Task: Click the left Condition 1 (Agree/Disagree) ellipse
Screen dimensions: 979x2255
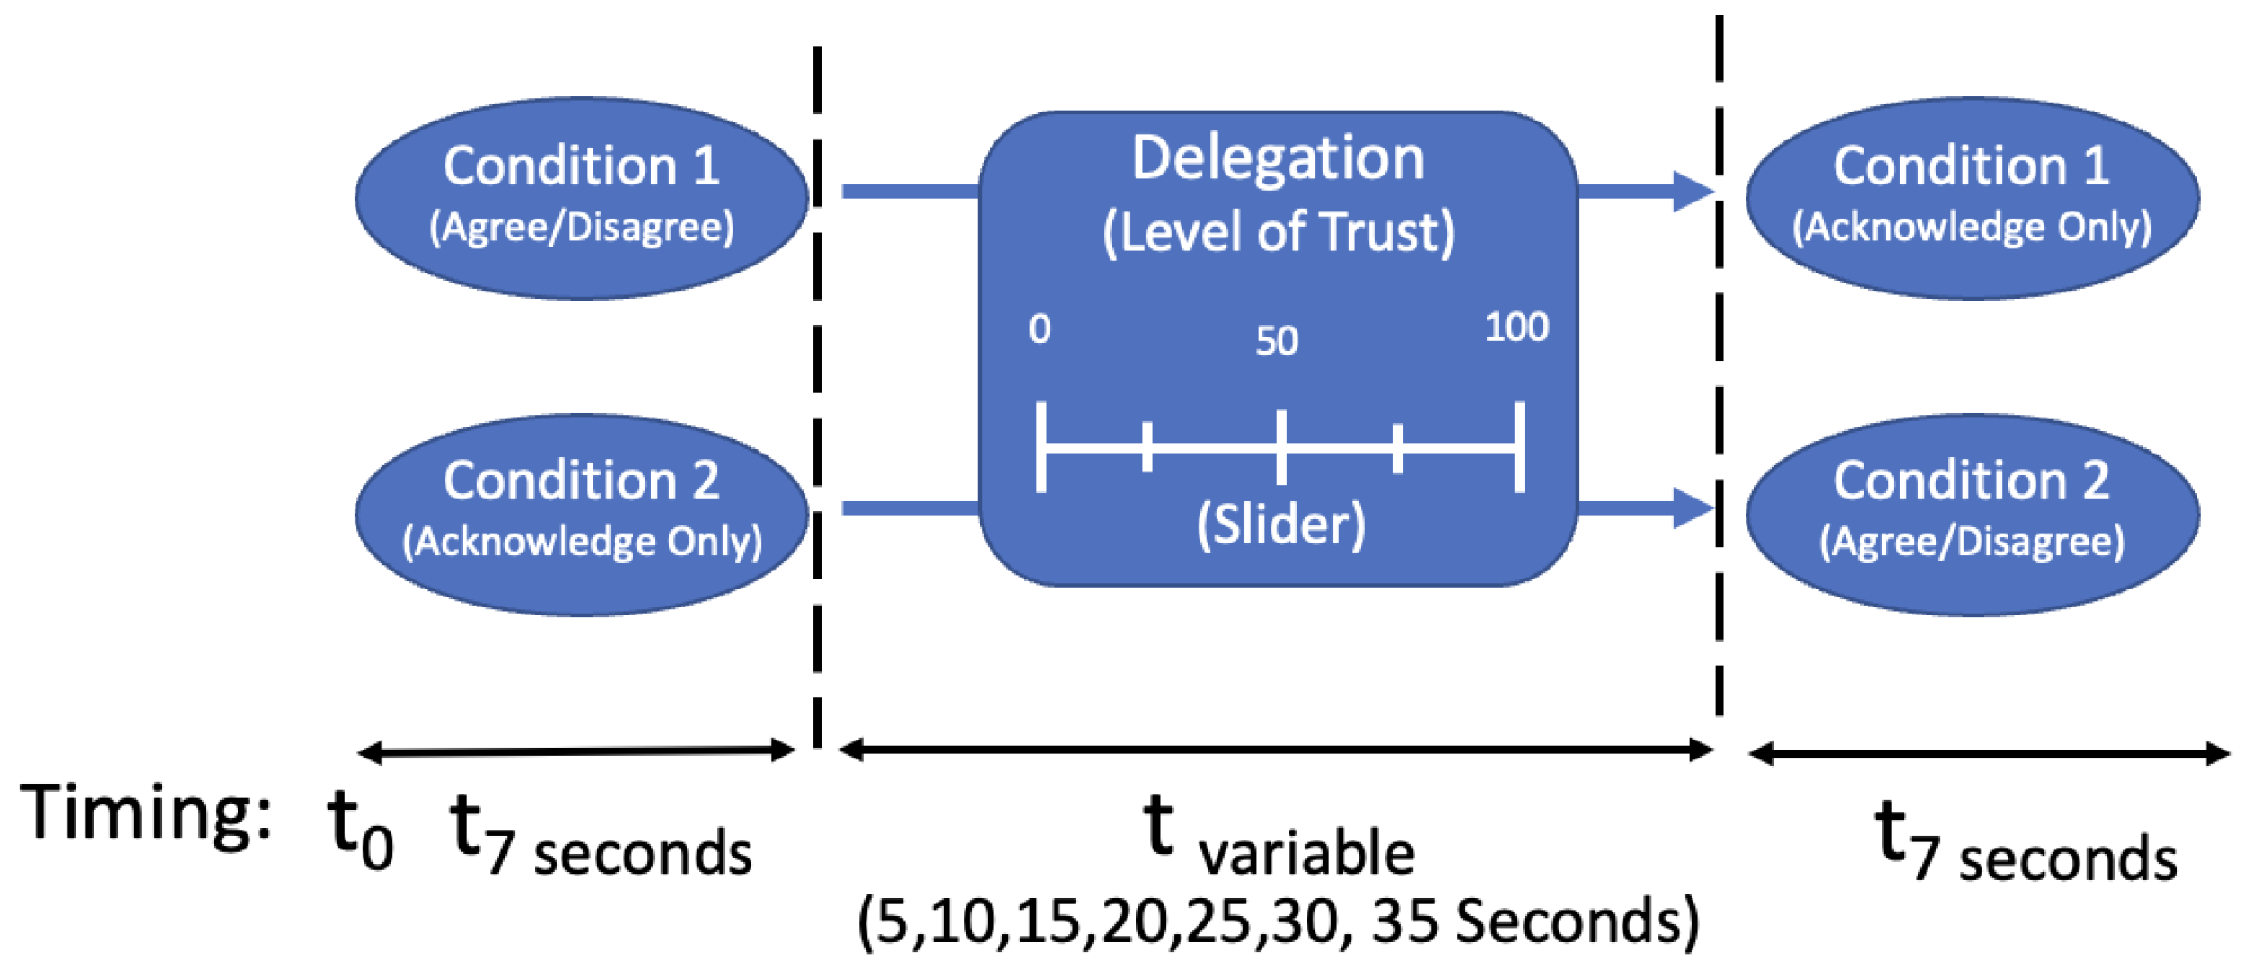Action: pos(581,198)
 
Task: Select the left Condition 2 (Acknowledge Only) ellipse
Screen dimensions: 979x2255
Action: pos(581,516)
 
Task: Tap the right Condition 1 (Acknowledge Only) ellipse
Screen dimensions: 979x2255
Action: pos(1972,198)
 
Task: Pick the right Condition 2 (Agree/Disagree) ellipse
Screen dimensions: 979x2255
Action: pos(1972,516)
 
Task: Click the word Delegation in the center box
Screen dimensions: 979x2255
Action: pos(1278,158)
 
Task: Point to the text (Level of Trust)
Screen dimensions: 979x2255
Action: pos(1278,232)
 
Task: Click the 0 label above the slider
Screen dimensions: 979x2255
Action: pos(1039,329)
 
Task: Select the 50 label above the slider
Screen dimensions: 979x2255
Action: pos(1277,341)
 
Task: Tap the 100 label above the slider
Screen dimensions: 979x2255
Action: pos(1516,328)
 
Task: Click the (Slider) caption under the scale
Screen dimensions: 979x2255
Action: pos(1280,524)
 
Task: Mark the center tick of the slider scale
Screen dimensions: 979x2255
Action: pos(1280,446)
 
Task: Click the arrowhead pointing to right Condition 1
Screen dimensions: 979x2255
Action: pos(1692,191)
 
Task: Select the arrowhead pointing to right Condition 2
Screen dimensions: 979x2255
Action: pos(1692,508)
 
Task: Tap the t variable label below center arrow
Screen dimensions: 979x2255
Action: pos(1278,837)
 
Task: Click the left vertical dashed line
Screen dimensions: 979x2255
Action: pos(817,396)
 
